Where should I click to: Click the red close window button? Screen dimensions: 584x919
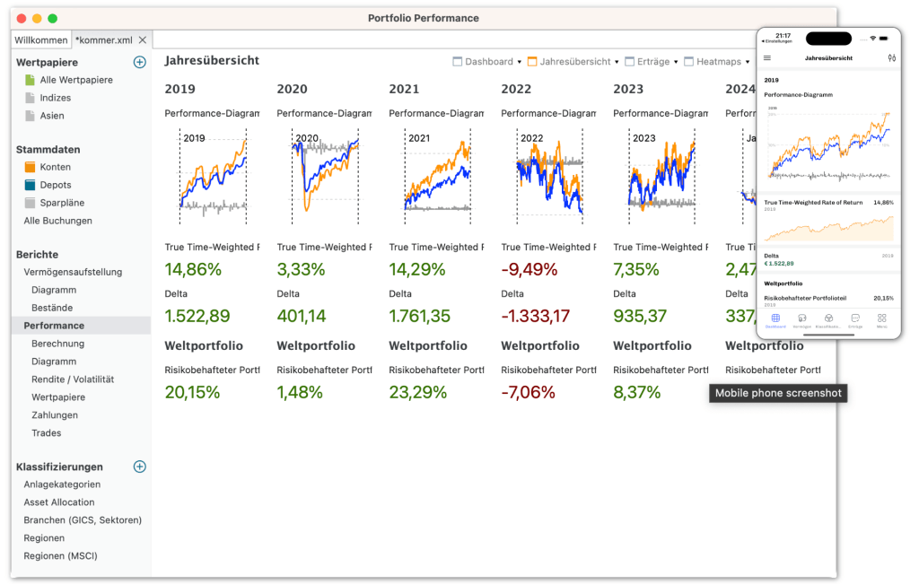coord(22,18)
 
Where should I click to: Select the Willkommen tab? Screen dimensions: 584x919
coord(41,40)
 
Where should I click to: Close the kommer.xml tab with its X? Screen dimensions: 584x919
coord(143,40)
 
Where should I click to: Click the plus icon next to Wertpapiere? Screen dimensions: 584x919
coord(139,62)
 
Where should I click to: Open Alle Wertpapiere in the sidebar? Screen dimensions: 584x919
coord(76,80)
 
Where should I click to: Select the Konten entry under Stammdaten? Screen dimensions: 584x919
coord(55,167)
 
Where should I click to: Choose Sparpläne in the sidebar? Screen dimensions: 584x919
coord(63,203)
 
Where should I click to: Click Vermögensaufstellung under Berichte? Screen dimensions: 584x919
coord(73,272)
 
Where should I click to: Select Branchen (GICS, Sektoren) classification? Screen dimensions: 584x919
coord(83,520)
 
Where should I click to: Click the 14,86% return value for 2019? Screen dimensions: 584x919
coord(193,270)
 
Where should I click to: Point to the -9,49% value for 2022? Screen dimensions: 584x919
coord(529,270)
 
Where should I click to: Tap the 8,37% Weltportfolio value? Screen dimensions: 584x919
coord(636,392)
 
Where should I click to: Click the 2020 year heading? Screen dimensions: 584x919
coord(292,89)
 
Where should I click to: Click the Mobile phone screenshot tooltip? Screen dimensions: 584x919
coord(778,393)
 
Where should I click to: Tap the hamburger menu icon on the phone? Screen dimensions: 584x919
coord(766,57)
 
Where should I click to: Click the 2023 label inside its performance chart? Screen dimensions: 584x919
coord(643,138)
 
